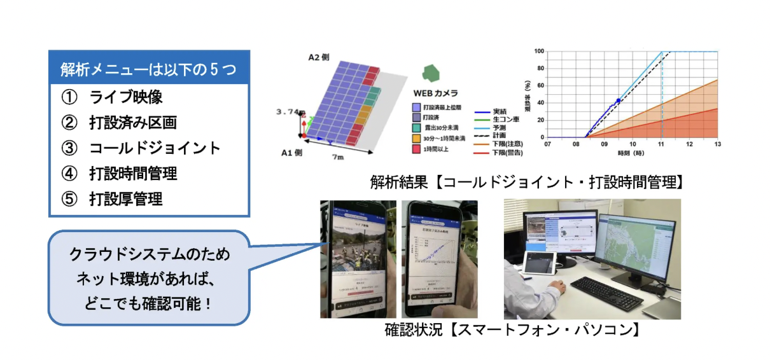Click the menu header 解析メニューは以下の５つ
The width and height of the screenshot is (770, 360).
pos(148,69)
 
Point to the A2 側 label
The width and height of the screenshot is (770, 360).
pos(318,57)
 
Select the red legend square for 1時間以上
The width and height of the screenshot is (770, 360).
pos(416,149)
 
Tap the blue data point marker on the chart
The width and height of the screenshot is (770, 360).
pos(618,101)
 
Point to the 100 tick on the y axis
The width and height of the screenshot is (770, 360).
pos(539,52)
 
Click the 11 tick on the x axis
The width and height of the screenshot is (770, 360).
pos(662,144)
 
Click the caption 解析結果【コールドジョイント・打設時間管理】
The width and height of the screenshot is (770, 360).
pos(527,183)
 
